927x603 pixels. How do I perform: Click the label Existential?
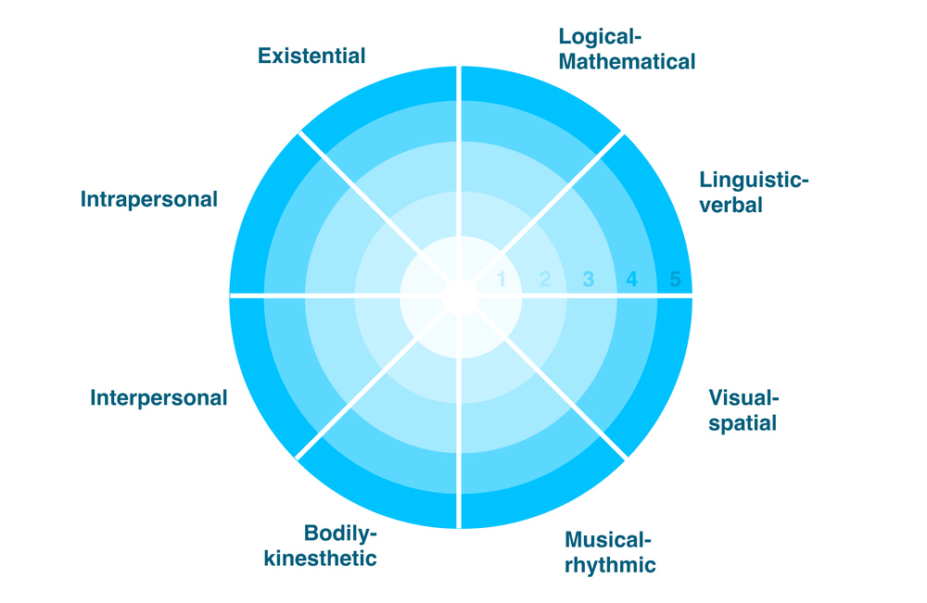(311, 56)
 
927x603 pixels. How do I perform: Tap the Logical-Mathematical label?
(627, 50)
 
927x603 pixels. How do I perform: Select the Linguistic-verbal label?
(754, 192)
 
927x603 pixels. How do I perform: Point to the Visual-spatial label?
(743, 410)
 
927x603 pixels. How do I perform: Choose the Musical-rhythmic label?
(609, 552)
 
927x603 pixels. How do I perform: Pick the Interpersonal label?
(159, 398)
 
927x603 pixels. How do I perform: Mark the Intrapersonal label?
(149, 199)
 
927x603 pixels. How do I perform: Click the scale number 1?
(502, 279)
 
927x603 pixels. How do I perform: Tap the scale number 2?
(545, 279)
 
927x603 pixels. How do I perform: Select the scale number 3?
(588, 279)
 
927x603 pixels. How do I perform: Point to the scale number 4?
(631, 279)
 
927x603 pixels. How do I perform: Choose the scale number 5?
(675, 279)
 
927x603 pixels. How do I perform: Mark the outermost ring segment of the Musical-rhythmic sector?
(541, 493)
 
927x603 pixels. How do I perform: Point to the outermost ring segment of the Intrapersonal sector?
(263, 215)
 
